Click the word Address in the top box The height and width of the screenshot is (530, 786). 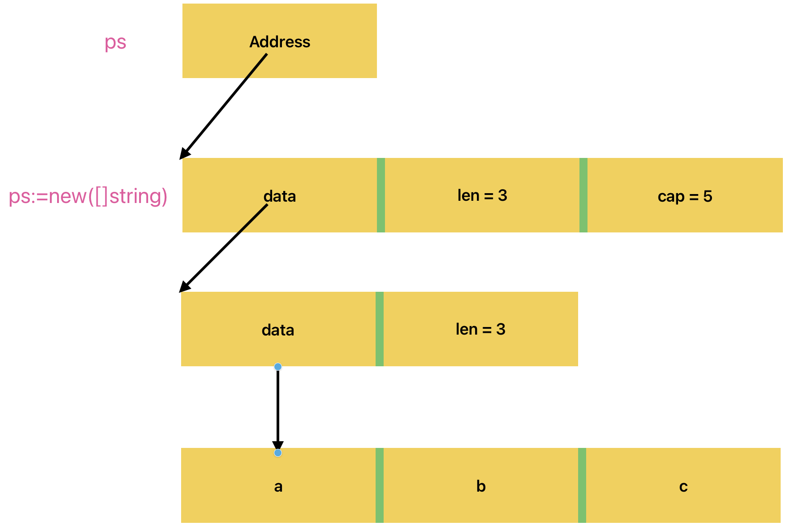click(x=280, y=41)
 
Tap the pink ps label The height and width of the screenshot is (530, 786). click(x=116, y=42)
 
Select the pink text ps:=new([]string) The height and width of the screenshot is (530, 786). click(x=88, y=196)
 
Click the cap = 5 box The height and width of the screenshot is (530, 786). click(x=685, y=195)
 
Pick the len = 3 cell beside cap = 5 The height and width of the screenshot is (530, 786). click(x=482, y=195)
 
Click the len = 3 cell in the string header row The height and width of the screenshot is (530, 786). click(x=480, y=329)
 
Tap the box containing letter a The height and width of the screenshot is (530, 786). click(x=278, y=485)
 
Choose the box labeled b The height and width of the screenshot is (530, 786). click(x=481, y=485)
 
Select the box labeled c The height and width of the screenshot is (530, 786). click(x=683, y=485)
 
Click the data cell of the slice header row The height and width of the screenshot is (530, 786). click(x=280, y=195)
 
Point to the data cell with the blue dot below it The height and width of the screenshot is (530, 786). click(x=278, y=329)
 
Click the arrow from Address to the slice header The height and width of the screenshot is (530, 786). click(x=223, y=107)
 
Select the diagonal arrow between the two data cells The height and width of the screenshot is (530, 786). click(x=223, y=248)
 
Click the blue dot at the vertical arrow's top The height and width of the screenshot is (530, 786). click(x=278, y=367)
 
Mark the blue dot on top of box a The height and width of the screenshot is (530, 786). click(x=278, y=453)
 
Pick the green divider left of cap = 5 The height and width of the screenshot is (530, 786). click(x=583, y=195)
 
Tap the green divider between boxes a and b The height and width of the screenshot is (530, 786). click(x=380, y=485)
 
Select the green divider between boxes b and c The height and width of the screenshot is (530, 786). click(x=582, y=485)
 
